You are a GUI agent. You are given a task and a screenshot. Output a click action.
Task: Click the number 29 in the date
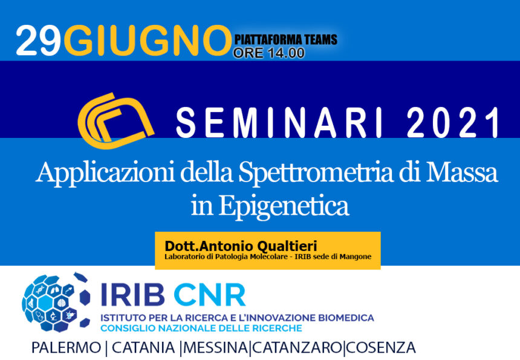tap(39, 41)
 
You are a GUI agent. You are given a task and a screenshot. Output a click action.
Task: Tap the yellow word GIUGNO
tap(148, 41)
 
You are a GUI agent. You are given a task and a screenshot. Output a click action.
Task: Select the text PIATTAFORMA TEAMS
tap(285, 40)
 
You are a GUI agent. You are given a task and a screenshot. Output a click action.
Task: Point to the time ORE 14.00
tap(268, 53)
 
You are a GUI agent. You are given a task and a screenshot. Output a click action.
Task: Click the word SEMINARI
tap(279, 122)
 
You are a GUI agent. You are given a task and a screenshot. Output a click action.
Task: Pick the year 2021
tap(453, 122)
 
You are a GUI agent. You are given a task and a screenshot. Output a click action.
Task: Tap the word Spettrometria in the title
tap(316, 172)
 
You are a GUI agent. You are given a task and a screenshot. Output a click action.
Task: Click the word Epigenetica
tap(284, 206)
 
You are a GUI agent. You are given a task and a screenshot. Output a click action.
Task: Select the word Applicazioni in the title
tap(105, 172)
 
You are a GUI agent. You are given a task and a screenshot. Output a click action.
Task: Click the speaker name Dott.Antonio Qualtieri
tap(241, 246)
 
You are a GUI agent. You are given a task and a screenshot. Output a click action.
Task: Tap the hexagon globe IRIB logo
tap(56, 302)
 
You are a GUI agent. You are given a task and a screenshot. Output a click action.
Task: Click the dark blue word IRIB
tap(132, 294)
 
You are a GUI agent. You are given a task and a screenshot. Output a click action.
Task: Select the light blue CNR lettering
tap(210, 294)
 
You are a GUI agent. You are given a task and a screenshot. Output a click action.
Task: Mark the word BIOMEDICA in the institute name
tap(346, 318)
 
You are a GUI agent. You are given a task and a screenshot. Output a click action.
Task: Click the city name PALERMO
tap(66, 348)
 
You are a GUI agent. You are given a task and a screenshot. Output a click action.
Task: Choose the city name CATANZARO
tap(297, 348)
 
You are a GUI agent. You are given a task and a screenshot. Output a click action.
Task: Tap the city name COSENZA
tap(381, 348)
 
